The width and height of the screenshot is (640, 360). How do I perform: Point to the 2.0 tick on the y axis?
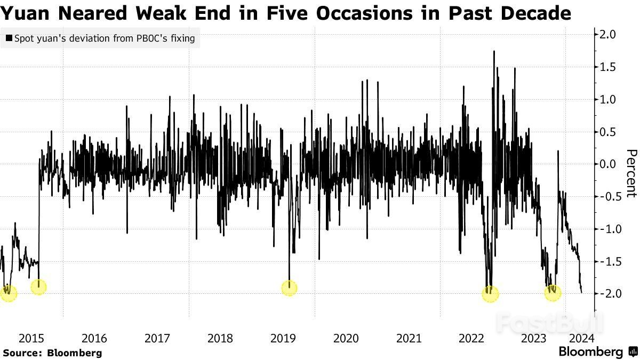[609, 35]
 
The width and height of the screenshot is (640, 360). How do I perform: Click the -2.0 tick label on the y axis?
[606, 294]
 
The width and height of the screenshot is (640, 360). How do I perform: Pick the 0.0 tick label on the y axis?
[609, 164]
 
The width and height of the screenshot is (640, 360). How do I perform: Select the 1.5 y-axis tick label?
[609, 67]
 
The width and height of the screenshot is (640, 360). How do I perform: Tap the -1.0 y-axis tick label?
[606, 229]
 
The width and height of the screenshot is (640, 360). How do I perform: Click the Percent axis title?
[631, 173]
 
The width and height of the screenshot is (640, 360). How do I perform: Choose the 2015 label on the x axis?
[31, 338]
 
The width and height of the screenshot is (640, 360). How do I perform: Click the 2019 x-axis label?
[283, 338]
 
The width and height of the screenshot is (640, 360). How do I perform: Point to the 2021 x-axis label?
[409, 338]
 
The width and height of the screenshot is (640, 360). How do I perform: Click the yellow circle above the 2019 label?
[289, 289]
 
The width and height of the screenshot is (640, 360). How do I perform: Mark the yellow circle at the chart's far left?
[9, 293]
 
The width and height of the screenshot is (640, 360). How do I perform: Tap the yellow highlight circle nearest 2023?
[553, 293]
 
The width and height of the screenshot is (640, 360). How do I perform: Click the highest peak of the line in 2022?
[494, 51]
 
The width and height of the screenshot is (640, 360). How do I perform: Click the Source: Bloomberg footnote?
[52, 353]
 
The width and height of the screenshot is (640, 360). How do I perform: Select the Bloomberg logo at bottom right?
[597, 352]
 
